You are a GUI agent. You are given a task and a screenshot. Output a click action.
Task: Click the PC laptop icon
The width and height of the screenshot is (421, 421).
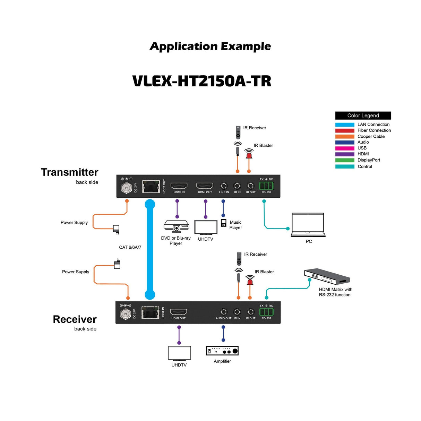click(308, 225)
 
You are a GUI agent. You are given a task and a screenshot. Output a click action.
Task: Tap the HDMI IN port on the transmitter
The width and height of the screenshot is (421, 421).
click(179, 186)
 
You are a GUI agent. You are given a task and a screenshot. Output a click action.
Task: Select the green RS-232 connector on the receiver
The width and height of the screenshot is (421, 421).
click(266, 312)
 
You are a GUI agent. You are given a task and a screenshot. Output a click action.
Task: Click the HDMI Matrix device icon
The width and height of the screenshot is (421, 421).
click(327, 277)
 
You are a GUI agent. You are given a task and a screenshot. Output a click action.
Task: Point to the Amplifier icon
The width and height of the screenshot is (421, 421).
click(222, 351)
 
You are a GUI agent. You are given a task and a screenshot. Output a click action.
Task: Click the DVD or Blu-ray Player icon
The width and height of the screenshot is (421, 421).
click(176, 226)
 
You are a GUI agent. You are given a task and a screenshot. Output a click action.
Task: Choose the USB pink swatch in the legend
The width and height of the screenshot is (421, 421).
click(344, 148)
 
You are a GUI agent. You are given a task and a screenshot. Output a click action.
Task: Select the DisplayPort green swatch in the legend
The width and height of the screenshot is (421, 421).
click(344, 160)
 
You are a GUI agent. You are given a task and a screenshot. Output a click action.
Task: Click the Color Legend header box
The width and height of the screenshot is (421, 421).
click(363, 115)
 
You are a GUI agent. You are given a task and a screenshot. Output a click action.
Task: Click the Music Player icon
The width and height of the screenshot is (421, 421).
click(224, 223)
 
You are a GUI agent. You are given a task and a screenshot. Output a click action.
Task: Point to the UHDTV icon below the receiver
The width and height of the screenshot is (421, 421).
click(179, 353)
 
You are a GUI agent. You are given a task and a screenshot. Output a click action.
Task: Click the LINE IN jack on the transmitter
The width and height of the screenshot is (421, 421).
click(224, 186)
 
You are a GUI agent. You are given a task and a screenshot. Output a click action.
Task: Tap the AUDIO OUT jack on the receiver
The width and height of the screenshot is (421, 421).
click(224, 312)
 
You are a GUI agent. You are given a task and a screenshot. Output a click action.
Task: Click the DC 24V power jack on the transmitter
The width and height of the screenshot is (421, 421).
click(126, 188)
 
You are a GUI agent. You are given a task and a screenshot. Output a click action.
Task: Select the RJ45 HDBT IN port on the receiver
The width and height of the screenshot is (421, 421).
click(150, 313)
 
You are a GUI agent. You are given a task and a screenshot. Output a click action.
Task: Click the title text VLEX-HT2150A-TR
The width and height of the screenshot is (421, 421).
click(202, 81)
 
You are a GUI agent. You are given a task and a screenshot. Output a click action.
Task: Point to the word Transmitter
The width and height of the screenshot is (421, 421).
click(70, 172)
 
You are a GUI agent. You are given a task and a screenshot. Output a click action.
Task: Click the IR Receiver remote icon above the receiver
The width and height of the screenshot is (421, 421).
click(239, 259)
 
